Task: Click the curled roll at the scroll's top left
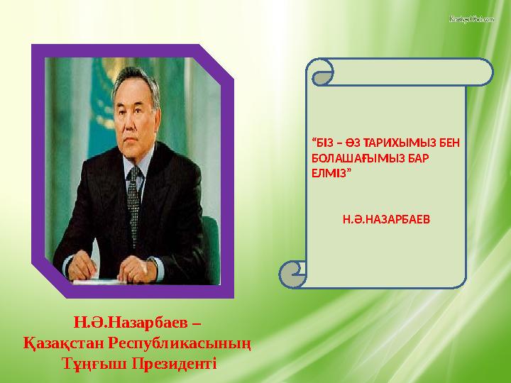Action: [x=321, y=71]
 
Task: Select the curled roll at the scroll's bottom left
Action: [x=292, y=270]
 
